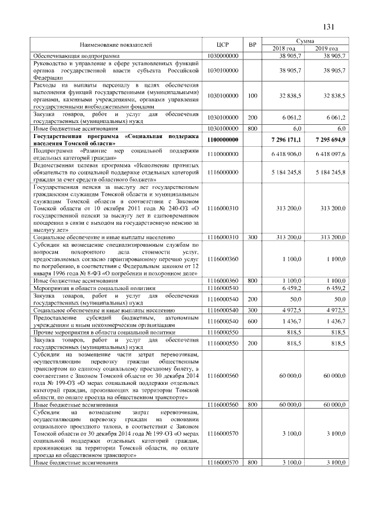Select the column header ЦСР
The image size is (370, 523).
pos(223,44)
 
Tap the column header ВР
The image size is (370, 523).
pos(251,44)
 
